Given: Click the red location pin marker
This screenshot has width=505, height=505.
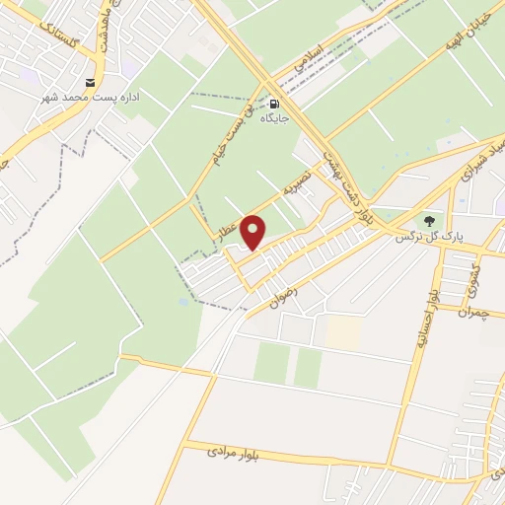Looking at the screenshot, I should pyautogui.click(x=253, y=233).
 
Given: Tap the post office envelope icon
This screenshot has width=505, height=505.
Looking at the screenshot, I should pyautogui.click(x=92, y=82).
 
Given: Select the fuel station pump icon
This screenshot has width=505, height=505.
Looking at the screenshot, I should pyautogui.click(x=273, y=103).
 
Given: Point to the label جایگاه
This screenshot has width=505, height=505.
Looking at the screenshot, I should pyautogui.click(x=274, y=119).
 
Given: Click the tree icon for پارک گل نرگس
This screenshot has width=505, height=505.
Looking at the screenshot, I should pyautogui.click(x=428, y=220).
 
